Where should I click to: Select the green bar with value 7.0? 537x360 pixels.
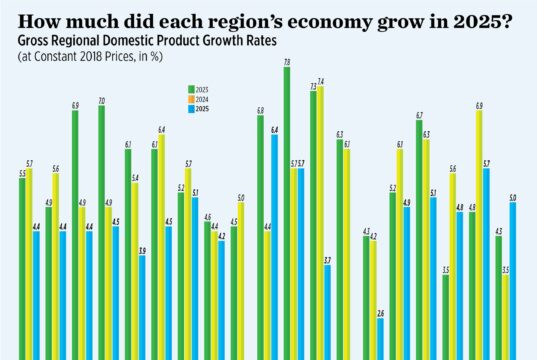click(x=102, y=230)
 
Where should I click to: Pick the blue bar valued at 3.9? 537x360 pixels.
click(x=143, y=305)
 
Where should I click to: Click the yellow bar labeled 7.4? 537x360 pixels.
click(x=320, y=220)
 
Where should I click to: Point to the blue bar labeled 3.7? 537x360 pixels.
click(x=327, y=310)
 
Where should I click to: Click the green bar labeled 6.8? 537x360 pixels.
click(x=260, y=235)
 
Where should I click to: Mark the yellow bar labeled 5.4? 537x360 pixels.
click(x=135, y=270)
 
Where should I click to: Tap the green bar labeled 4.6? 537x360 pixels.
click(x=207, y=290)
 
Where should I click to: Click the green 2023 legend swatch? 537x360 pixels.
click(x=190, y=88)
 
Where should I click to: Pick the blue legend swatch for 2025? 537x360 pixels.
click(x=190, y=107)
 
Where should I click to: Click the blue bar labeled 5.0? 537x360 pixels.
click(x=513, y=280)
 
